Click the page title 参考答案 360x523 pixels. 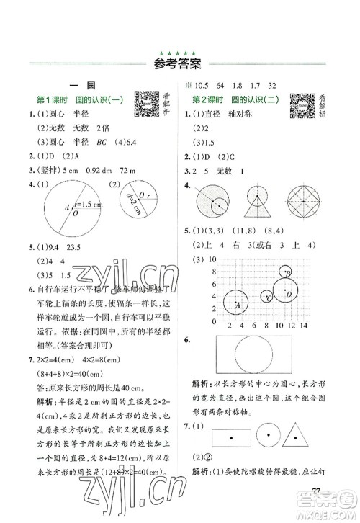pos(180,66)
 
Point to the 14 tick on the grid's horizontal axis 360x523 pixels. pos(305,326)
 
